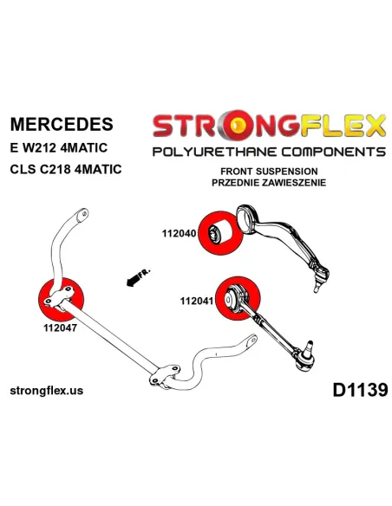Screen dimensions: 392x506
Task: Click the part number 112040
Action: (x=180, y=233)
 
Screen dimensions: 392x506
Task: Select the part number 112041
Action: (x=197, y=301)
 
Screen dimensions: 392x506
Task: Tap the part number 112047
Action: (x=61, y=328)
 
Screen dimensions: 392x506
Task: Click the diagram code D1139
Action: (x=360, y=390)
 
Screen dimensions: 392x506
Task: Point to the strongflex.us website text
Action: (x=47, y=391)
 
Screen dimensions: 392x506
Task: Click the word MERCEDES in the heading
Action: (x=62, y=124)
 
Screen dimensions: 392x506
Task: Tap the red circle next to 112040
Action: (x=221, y=233)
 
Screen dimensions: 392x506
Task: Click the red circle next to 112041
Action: (x=238, y=299)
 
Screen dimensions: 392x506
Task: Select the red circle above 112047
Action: (x=61, y=300)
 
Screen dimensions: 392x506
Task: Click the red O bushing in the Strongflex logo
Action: (x=238, y=126)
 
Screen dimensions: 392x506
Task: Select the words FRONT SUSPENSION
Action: (x=269, y=171)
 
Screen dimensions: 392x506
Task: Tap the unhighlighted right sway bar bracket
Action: (x=165, y=375)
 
